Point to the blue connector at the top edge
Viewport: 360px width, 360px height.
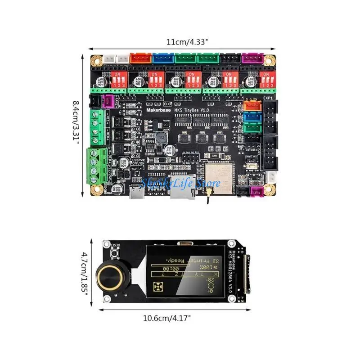(160, 58)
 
